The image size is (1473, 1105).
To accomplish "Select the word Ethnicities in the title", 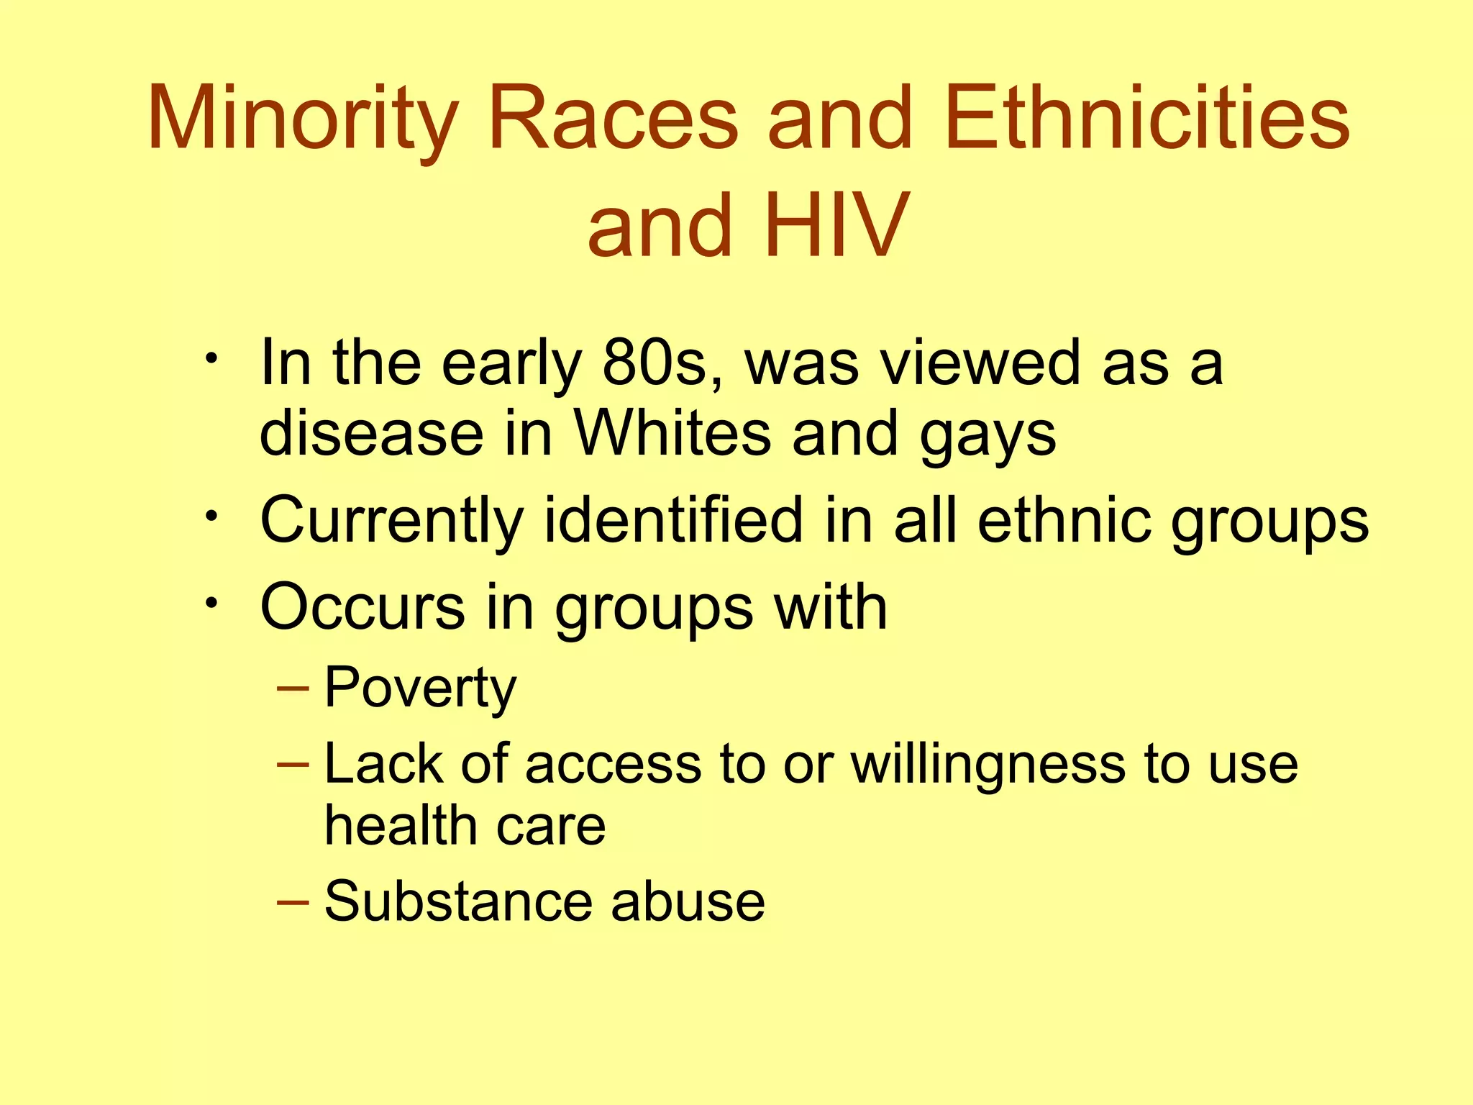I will click(1147, 119).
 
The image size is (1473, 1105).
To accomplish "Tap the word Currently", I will click(391, 521).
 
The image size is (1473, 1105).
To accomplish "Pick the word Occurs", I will click(362, 607).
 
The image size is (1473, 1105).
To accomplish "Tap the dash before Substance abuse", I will click(293, 901).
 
